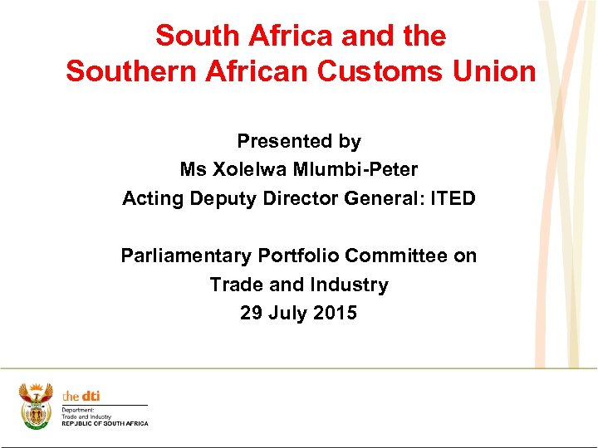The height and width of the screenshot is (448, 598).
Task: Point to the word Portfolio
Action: (x=299, y=256)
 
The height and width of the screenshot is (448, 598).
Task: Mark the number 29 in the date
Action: (x=251, y=313)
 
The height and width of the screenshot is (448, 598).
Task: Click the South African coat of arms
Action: (x=36, y=406)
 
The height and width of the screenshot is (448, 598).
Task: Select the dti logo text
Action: (x=81, y=397)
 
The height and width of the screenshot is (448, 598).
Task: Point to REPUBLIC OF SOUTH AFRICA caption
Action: (x=105, y=424)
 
